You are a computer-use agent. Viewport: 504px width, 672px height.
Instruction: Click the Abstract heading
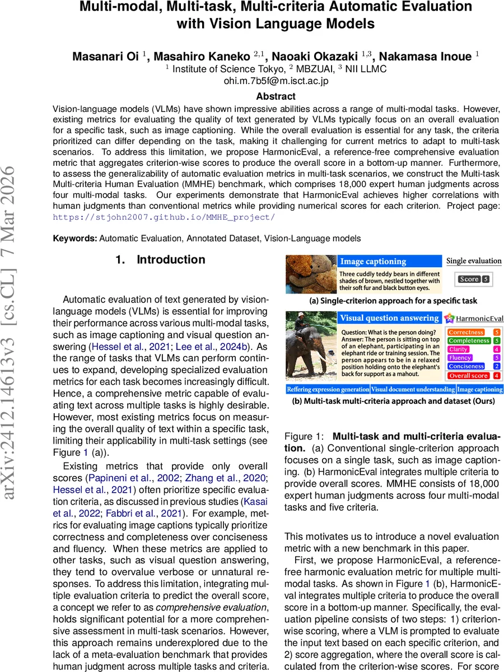tap(276, 96)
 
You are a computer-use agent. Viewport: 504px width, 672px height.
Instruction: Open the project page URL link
tap(164, 217)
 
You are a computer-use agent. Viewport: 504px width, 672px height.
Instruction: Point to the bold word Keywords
tap(75, 239)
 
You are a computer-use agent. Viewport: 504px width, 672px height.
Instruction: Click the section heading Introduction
tap(171, 260)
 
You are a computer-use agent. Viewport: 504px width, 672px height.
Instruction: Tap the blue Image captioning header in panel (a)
tap(373, 262)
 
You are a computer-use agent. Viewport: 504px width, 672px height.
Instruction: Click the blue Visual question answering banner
tap(389, 318)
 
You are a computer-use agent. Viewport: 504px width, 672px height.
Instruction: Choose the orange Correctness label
tap(466, 332)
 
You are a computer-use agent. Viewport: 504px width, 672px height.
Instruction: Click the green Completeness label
tap(468, 340)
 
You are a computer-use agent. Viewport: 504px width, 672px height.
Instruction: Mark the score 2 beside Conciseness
tap(496, 366)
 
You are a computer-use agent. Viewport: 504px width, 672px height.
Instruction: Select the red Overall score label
tap(468, 375)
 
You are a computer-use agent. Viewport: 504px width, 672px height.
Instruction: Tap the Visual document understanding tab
tap(413, 389)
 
